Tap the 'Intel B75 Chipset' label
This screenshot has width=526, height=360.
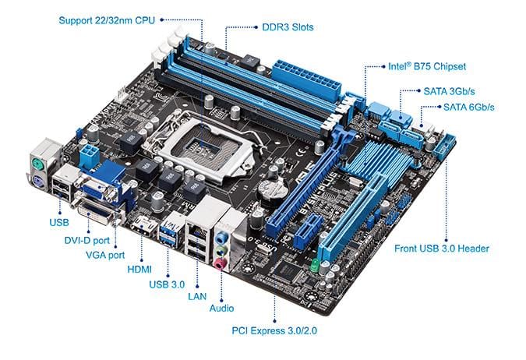(426, 66)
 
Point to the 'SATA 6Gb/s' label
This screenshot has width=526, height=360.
(469, 107)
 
